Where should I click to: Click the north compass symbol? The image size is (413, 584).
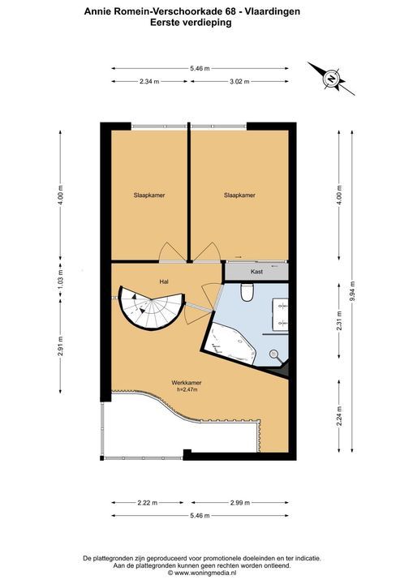click(331, 79)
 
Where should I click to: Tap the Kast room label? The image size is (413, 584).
click(256, 272)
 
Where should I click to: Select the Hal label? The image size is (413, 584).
click(164, 281)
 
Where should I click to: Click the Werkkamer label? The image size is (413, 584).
click(187, 383)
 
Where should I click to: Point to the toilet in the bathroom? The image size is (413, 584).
click(247, 292)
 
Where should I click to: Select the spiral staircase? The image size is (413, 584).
click(151, 307)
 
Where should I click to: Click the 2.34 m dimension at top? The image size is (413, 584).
click(149, 82)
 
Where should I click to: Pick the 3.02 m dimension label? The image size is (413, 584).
click(239, 82)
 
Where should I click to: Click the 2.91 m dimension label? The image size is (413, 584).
click(61, 346)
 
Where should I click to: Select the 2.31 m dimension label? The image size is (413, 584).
click(339, 321)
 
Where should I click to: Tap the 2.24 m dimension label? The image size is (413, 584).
click(339, 416)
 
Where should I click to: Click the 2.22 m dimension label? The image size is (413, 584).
click(148, 503)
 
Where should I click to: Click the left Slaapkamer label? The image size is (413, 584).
click(149, 195)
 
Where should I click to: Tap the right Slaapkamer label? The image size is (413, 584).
click(239, 195)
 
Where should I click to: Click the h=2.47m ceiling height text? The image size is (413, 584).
click(187, 389)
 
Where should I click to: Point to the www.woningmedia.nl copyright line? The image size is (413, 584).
click(202, 573)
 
